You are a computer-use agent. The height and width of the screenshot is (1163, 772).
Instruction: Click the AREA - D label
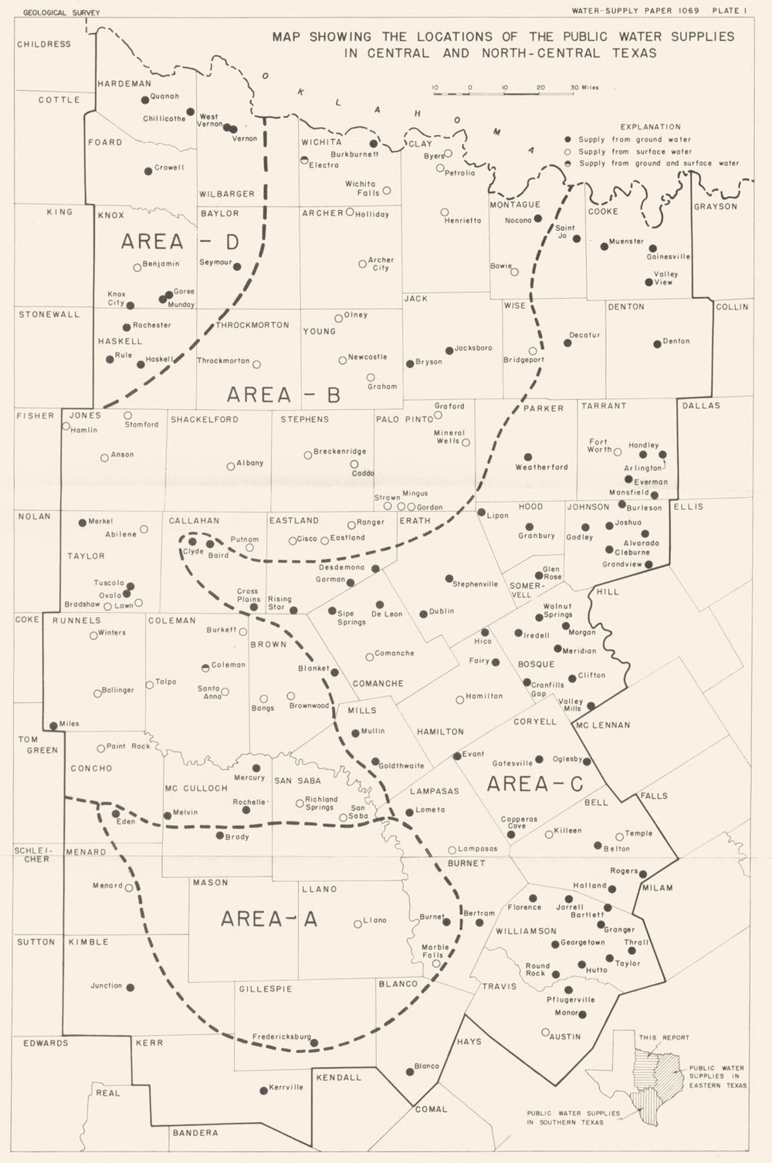tap(180, 242)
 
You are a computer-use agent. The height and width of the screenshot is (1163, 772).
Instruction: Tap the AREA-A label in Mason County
tap(269, 918)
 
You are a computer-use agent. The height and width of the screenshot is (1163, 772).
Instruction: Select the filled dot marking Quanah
tap(144, 100)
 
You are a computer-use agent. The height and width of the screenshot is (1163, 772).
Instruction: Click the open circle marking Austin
tap(545, 1032)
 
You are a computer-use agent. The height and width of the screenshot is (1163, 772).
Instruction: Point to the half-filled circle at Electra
tap(304, 161)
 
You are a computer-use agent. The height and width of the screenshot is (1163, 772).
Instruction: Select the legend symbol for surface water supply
tap(568, 152)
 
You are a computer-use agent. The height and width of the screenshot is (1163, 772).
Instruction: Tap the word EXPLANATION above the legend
tap(650, 127)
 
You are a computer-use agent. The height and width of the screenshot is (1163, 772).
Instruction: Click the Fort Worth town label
tap(599, 445)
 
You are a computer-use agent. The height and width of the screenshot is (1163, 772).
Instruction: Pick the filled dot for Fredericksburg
tap(314, 1043)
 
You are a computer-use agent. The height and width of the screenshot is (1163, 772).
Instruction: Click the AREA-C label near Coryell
tap(535, 784)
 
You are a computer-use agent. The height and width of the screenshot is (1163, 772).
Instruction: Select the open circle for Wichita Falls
tap(387, 190)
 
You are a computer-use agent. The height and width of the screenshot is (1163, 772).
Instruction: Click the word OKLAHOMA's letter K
tap(301, 92)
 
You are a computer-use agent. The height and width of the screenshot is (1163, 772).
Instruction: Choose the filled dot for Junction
tap(130, 988)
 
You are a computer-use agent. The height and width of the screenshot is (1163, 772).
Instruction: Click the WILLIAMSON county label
tap(526, 931)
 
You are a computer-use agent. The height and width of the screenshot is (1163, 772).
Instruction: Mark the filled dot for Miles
tap(53, 725)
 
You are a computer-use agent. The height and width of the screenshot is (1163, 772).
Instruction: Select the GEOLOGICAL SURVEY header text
tap(61, 12)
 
